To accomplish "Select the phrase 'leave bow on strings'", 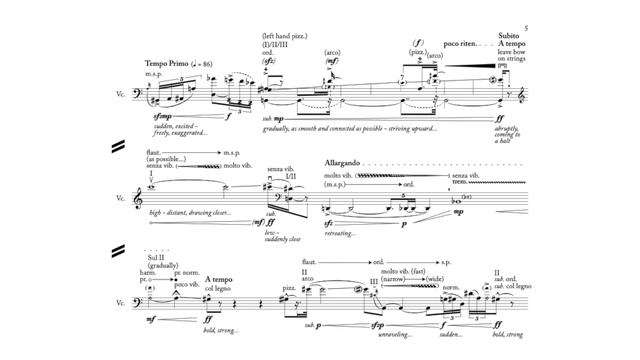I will point(514,57).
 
